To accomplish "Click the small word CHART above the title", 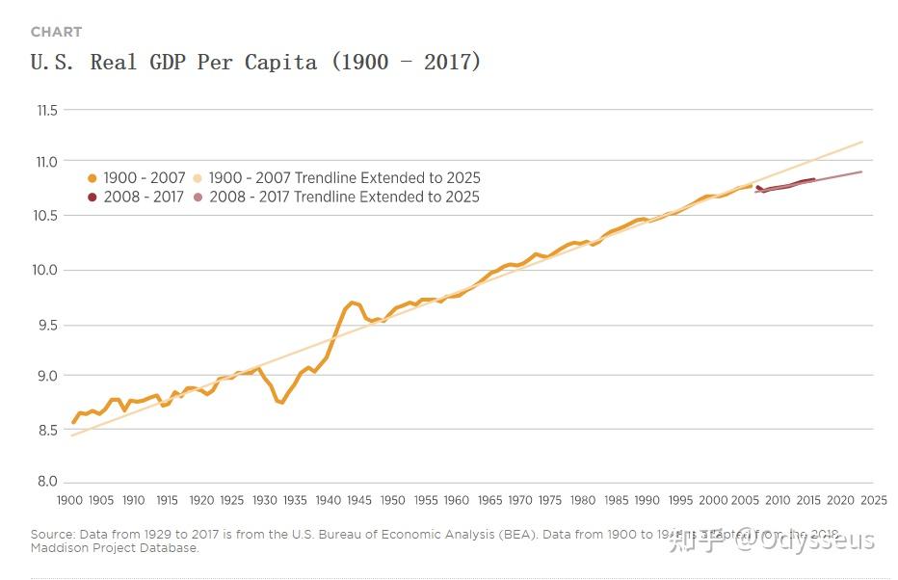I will point(56,33).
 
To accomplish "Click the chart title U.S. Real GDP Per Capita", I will point(255,63).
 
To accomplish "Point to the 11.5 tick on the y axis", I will point(47,111).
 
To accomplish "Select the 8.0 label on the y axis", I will point(47,482).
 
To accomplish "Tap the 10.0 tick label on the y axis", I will point(47,270).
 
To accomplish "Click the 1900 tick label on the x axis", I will point(69,501).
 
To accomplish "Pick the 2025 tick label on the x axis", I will point(873,501).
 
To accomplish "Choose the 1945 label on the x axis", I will point(359,501).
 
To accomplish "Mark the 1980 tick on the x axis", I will point(583,501).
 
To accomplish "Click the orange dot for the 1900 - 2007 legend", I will point(92,178).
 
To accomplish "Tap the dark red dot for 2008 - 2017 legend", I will point(92,198).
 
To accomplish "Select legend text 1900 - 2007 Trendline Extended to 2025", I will point(344,178).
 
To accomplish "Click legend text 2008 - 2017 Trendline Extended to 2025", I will point(343,198).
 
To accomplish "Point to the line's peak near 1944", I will point(354,303).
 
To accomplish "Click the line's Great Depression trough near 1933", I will point(281,403).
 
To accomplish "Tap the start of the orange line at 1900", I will point(72,422).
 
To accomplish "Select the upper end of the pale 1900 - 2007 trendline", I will point(861,142).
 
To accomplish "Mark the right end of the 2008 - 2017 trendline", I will point(861,171).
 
